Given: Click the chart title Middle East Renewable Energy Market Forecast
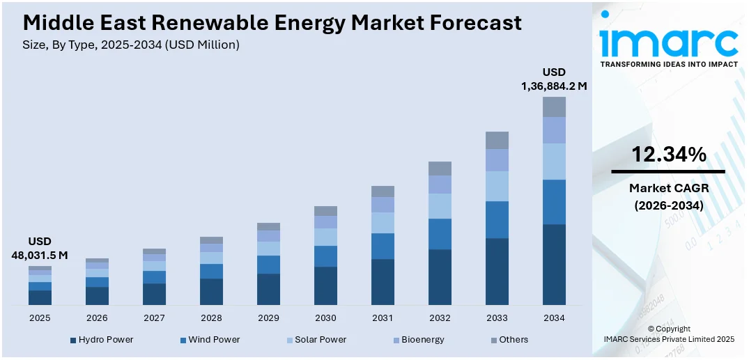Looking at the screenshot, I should [x=272, y=22].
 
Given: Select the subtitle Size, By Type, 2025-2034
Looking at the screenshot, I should [x=131, y=45].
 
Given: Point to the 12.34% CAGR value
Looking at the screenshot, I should [x=668, y=155].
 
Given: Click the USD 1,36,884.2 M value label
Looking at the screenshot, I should [x=554, y=79].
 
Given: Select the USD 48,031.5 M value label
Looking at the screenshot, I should [x=40, y=249].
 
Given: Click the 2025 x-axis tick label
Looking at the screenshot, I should [x=40, y=318].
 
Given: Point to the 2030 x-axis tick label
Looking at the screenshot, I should [x=325, y=318].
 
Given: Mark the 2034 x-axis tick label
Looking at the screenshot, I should [x=554, y=318].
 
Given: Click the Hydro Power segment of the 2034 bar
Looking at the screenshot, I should [x=554, y=265].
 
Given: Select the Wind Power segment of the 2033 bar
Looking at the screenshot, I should [x=497, y=219].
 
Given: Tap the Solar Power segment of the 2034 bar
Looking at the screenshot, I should [x=554, y=161].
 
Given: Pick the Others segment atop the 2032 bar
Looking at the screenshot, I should [x=440, y=168].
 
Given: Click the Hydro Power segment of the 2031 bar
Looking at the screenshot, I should [x=383, y=282].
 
